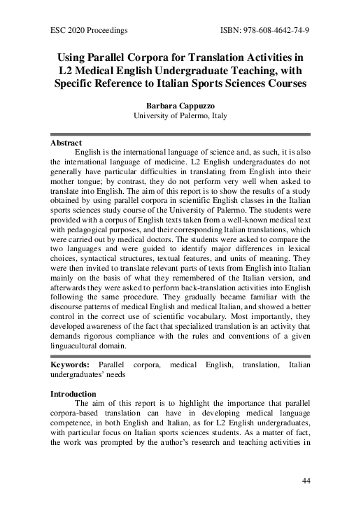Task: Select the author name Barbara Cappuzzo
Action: pyautogui.click(x=180, y=106)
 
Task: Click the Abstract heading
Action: pyautogui.click(x=66, y=142)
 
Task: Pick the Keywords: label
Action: pyautogui.click(x=70, y=365)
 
